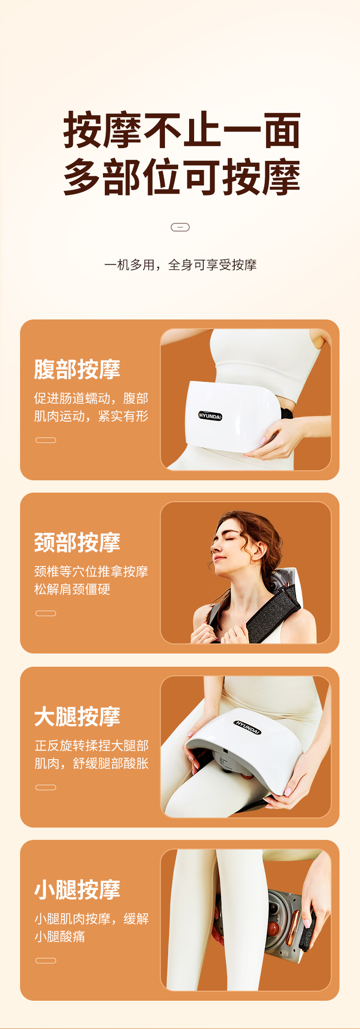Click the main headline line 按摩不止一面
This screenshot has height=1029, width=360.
(x=182, y=130)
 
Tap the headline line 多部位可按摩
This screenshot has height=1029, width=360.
(x=182, y=177)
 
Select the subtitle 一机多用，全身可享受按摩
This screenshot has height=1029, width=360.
(x=180, y=265)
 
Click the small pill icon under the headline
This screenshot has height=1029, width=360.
(x=180, y=227)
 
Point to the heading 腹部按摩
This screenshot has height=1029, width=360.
(x=77, y=369)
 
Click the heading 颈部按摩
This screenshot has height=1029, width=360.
(x=77, y=542)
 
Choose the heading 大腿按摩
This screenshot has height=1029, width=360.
(x=77, y=716)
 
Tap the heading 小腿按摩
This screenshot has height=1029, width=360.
(x=77, y=890)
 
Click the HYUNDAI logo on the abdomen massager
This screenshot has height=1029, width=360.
(x=210, y=416)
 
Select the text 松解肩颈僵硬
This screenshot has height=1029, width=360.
(x=72, y=589)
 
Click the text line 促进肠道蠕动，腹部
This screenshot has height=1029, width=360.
(x=91, y=398)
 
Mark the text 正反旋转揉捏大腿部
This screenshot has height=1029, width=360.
(x=92, y=746)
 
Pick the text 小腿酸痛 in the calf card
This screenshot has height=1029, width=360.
(x=60, y=936)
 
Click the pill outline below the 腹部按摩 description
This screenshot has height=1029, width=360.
(x=46, y=440)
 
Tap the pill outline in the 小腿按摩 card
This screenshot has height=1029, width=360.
(x=46, y=961)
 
